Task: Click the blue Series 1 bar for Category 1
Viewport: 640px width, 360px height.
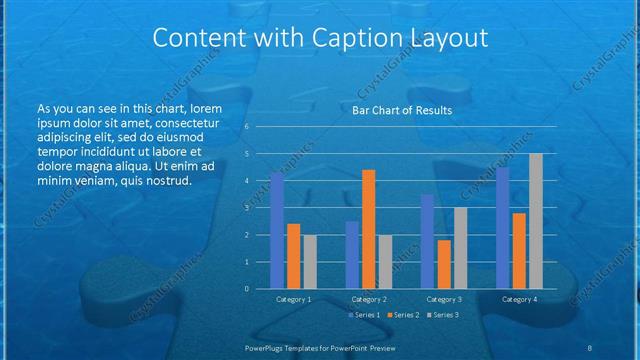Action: point(277,231)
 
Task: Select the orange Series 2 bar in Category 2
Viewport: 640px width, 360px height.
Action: point(368,229)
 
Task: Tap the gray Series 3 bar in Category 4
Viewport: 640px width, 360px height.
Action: point(535,221)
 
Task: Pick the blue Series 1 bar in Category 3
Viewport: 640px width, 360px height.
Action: point(427,241)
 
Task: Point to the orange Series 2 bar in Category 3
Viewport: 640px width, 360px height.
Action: point(443,264)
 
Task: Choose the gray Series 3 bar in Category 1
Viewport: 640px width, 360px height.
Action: point(309,261)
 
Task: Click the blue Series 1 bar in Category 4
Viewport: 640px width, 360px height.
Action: point(502,228)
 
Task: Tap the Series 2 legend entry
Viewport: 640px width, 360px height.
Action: point(403,315)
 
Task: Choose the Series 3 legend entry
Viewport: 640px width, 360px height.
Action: point(443,315)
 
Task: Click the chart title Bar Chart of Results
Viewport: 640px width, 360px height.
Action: point(402,110)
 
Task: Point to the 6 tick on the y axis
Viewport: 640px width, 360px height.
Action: point(246,127)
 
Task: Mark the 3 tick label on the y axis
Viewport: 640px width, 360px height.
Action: point(246,208)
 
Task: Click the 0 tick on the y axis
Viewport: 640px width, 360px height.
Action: point(246,289)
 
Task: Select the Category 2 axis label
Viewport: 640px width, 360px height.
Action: point(368,299)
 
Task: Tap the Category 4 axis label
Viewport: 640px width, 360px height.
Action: point(519,299)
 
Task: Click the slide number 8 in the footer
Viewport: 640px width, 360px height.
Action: point(589,347)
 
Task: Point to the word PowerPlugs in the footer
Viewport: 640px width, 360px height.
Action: point(267,347)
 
